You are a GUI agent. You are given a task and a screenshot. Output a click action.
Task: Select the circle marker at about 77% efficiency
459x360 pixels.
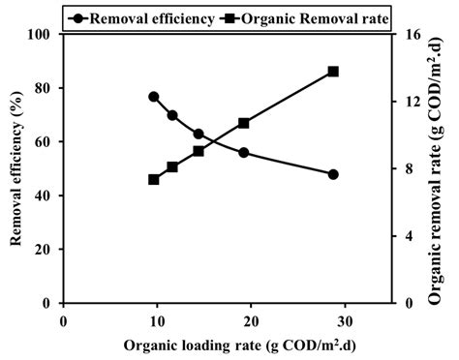click(x=153, y=97)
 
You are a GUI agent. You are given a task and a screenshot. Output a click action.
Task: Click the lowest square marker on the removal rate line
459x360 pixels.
click(x=153, y=179)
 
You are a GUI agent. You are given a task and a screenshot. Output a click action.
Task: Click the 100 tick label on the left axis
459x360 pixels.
click(x=40, y=35)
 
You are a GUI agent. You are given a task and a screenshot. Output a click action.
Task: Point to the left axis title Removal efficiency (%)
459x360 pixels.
click(x=16, y=169)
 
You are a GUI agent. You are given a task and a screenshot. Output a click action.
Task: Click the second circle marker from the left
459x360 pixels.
click(x=172, y=115)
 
